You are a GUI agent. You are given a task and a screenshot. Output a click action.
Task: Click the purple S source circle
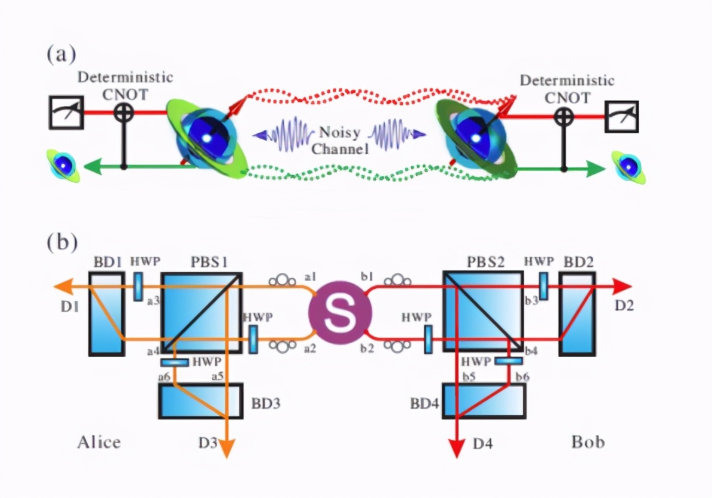(340, 311)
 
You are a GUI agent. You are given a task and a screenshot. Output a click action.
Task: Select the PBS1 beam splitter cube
(202, 313)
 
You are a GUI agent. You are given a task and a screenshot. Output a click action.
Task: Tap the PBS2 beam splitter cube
(483, 312)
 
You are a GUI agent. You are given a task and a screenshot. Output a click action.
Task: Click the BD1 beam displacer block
(107, 314)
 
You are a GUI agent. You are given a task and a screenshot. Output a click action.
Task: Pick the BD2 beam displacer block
(577, 314)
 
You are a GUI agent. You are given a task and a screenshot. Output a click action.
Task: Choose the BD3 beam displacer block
(200, 401)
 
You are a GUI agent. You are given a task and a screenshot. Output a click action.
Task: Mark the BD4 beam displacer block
(484, 401)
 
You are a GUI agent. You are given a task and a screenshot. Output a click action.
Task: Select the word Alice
(99, 442)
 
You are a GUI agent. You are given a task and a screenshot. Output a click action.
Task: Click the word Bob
(587, 442)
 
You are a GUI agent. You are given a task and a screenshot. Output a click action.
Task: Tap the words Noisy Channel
(340, 139)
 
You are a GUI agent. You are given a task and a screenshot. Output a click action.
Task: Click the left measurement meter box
(66, 112)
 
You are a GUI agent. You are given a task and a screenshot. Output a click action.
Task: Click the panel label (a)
(61, 55)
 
